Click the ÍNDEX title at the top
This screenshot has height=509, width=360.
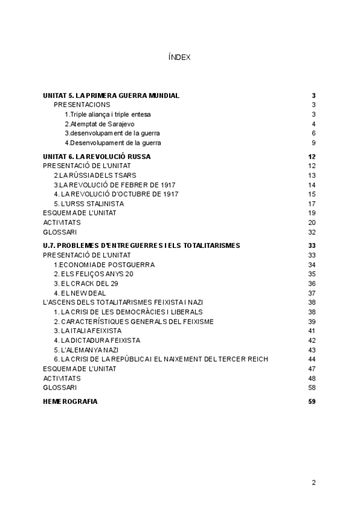pos(179,58)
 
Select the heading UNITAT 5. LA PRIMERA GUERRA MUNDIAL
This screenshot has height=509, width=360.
pos(111,95)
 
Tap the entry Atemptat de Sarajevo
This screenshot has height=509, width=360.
pos(99,124)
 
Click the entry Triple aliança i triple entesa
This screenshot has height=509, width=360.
pos(107,114)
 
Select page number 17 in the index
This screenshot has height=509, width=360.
pos(311,203)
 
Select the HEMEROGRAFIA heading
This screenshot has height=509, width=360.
pos(70,401)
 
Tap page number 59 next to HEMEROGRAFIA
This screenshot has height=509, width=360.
pos(311,401)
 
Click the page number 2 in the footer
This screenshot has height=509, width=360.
pos(313,482)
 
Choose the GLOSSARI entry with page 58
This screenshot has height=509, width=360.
pos(60,387)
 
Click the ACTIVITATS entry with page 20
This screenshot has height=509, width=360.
pos(62,222)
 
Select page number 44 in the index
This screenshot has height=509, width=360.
pos(311,359)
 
